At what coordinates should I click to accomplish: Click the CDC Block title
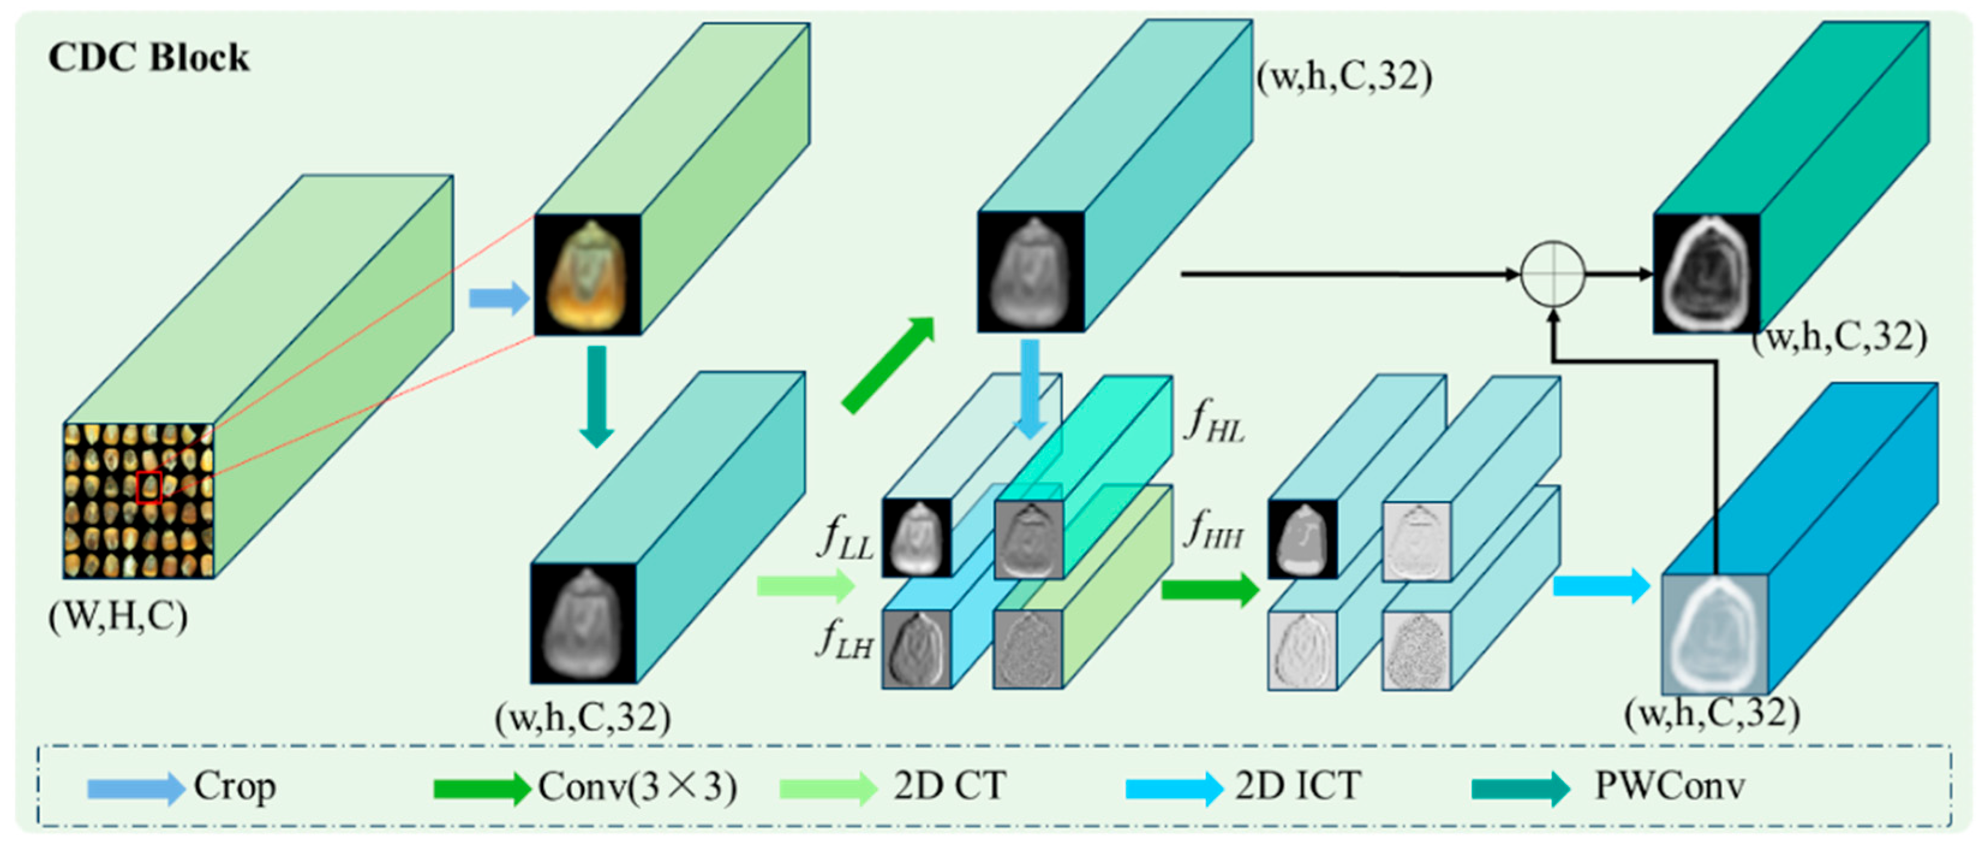[x=149, y=58]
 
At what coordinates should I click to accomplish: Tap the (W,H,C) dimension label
[x=118, y=616]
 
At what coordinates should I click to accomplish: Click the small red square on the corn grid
[x=149, y=487]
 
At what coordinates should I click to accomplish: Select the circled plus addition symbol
[x=1553, y=273]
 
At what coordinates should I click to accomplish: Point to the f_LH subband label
[x=845, y=638]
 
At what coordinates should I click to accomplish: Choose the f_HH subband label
[x=1214, y=530]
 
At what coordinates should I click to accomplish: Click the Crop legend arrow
[x=136, y=788]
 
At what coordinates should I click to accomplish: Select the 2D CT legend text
[x=950, y=786]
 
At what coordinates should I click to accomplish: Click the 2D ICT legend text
[x=1298, y=786]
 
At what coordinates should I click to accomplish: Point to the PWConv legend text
[x=1669, y=786]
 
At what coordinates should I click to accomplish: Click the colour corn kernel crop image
[x=587, y=274]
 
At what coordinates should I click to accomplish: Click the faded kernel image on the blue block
[x=1715, y=634]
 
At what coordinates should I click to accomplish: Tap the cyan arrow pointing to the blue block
[x=1601, y=586]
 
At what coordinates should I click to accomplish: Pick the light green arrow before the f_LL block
[x=806, y=586]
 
